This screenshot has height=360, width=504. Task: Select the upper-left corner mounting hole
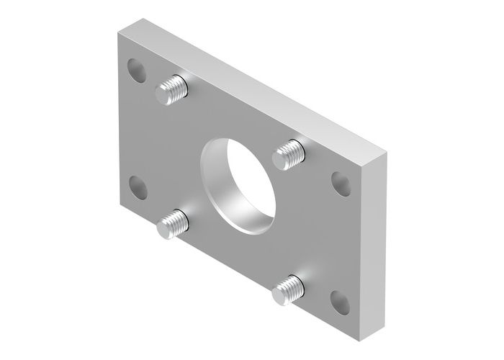click(x=136, y=70)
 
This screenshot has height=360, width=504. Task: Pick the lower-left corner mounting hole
click(x=137, y=189)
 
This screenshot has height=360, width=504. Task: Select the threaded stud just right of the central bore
click(x=289, y=153)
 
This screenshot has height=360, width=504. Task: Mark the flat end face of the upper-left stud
click(x=164, y=95)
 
